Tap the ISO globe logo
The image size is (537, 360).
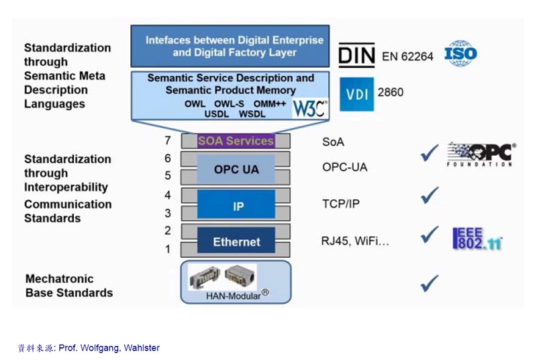point(460,53)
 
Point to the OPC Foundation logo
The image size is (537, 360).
point(481,154)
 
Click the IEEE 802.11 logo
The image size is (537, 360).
point(477,239)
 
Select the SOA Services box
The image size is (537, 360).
point(236,141)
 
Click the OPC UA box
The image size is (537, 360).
point(236,169)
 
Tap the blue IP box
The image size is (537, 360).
point(236,205)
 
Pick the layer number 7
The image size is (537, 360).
point(168,141)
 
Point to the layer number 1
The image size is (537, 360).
point(168,249)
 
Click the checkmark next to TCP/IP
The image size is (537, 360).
point(429,196)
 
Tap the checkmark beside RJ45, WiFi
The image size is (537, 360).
point(429,235)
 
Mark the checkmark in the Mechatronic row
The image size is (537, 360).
point(429,283)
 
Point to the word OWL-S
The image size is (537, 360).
point(229,104)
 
